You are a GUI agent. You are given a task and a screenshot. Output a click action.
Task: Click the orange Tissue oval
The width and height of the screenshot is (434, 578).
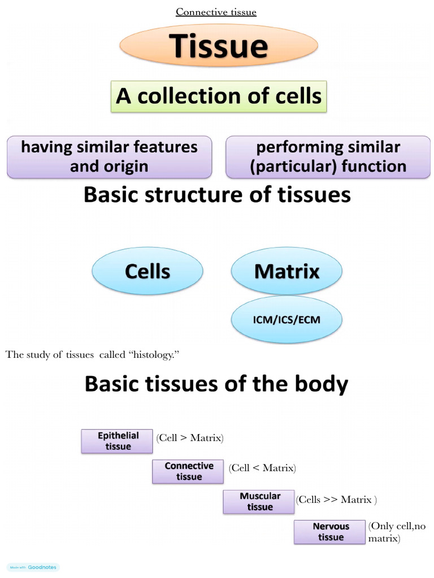(219, 47)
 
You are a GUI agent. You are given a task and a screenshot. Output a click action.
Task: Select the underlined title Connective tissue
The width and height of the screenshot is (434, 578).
(216, 12)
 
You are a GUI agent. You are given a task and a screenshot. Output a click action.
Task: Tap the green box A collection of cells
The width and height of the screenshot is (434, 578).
(219, 96)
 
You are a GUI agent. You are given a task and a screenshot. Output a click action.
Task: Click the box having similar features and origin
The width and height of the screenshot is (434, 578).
(109, 157)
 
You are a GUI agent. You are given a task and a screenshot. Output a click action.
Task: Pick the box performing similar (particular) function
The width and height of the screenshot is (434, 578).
(328, 157)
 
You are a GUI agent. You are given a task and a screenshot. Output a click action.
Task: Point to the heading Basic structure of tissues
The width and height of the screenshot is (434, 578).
(217, 195)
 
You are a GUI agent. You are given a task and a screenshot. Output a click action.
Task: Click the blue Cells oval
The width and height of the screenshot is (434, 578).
(147, 272)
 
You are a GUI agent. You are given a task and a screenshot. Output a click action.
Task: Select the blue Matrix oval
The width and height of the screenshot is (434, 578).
(287, 272)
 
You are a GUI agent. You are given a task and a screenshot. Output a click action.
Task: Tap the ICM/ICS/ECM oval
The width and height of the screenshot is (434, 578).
(287, 320)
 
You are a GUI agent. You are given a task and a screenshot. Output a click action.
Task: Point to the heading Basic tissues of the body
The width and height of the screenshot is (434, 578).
(216, 384)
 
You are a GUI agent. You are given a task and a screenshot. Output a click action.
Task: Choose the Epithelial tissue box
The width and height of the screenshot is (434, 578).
(118, 441)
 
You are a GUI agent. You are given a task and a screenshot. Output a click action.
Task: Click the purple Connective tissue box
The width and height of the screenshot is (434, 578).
(189, 471)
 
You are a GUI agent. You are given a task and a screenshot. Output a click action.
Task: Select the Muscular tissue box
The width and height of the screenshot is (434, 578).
(259, 502)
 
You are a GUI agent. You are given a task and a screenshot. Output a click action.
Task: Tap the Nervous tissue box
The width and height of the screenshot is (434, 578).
(331, 532)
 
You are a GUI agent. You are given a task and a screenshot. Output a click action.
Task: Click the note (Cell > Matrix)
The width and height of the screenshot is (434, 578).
(190, 438)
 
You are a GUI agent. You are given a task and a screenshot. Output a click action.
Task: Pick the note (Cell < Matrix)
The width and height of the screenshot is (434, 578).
(262, 468)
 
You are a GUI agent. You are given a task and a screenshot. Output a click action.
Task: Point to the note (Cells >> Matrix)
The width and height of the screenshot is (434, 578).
(336, 500)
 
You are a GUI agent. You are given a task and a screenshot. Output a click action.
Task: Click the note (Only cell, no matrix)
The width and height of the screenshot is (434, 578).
(397, 532)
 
